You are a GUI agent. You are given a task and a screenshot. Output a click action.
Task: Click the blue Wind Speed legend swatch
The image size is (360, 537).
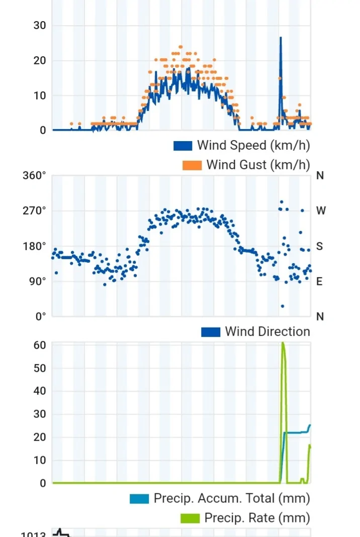tap(183, 146)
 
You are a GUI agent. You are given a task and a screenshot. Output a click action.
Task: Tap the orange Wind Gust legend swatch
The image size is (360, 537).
tap(192, 165)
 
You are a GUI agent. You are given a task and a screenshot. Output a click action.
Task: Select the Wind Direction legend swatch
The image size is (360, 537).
tap(211, 332)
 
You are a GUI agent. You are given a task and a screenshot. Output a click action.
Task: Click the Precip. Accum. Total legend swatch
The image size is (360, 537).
tap(139, 499)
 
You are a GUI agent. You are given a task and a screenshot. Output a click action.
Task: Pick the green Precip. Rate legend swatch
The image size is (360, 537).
tap(190, 518)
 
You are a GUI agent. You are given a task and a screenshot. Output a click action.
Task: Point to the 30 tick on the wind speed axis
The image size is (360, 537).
tap(40, 26)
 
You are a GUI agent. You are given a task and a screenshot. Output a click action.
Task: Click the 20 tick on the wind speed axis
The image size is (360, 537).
tap(40, 61)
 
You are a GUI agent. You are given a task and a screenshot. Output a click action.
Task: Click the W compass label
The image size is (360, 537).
tap(321, 211)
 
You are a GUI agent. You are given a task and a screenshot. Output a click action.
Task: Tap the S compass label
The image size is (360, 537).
tap(320, 246)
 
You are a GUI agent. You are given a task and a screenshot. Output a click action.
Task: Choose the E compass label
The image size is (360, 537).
tap(320, 281)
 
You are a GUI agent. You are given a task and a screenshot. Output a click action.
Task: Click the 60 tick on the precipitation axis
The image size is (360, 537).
tap(40, 345)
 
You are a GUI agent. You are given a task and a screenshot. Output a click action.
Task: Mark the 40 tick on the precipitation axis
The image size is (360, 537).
tap(40, 391)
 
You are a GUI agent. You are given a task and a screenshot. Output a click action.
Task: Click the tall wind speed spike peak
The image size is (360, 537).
tap(281, 38)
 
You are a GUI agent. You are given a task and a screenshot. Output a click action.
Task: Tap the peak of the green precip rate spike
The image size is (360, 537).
tap(283, 344)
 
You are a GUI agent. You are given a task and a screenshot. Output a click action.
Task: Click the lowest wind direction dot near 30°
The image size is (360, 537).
tap(283, 306)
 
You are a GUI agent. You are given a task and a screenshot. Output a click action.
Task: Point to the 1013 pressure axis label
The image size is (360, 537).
tap(33, 534)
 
